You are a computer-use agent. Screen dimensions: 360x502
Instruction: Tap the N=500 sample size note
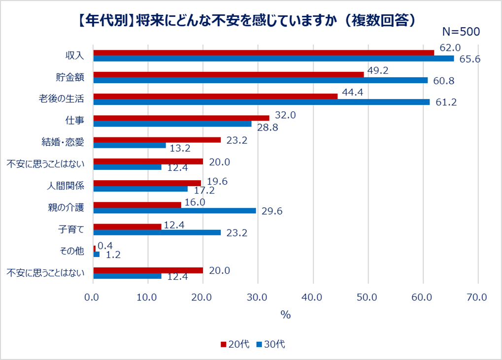[461, 32]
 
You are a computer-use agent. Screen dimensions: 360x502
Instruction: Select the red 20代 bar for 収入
[264, 53]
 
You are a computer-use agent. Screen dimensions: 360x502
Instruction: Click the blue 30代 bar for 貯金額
[261, 80]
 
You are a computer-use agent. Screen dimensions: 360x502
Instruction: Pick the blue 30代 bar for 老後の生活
[262, 102]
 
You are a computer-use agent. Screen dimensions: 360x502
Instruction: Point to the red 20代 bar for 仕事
[181, 118]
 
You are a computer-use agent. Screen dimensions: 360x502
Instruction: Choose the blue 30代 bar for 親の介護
[175, 210]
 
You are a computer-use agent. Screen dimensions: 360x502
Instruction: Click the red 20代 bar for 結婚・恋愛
[157, 139]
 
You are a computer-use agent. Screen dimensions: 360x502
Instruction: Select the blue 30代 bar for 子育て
[157, 232]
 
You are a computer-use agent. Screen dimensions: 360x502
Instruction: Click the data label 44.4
[352, 92]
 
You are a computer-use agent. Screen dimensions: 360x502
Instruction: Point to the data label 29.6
[271, 211]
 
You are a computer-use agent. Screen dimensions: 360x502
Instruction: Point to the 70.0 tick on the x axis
[477, 297]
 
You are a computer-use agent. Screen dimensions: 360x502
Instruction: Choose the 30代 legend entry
[270, 344]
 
